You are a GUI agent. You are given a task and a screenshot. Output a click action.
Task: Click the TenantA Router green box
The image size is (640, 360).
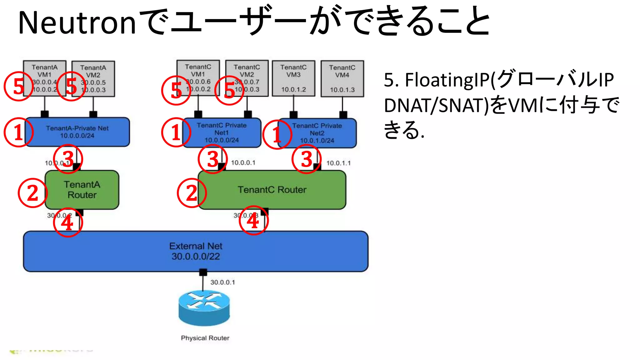[82, 190]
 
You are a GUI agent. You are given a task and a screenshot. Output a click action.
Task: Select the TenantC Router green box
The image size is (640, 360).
[272, 190]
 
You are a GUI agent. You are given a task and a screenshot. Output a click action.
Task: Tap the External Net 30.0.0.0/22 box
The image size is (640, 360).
[196, 251]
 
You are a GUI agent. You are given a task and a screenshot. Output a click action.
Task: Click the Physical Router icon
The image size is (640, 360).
[204, 308]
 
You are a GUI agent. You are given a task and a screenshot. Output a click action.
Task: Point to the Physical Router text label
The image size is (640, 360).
[205, 338]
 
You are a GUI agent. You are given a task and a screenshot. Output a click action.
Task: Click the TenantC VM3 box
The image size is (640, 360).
[293, 78]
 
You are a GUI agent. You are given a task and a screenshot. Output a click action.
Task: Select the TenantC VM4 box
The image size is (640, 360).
[342, 78]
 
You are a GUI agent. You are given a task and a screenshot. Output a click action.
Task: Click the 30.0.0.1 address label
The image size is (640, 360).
[222, 282]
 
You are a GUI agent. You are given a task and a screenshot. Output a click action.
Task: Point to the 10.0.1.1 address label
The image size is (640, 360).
[338, 163]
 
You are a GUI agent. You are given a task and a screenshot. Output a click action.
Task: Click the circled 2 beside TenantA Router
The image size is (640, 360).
[32, 193]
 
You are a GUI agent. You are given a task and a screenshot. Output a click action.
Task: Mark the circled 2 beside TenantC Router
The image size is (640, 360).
[192, 193]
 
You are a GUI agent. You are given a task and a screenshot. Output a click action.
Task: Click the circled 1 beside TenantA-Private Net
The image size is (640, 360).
[18, 132]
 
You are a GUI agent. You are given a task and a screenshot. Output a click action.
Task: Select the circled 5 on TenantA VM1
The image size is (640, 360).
[18, 86]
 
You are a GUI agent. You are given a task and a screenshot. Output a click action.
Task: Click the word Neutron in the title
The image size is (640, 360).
[77, 23]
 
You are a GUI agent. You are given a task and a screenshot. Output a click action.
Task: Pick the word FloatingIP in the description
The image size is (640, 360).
[447, 80]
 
